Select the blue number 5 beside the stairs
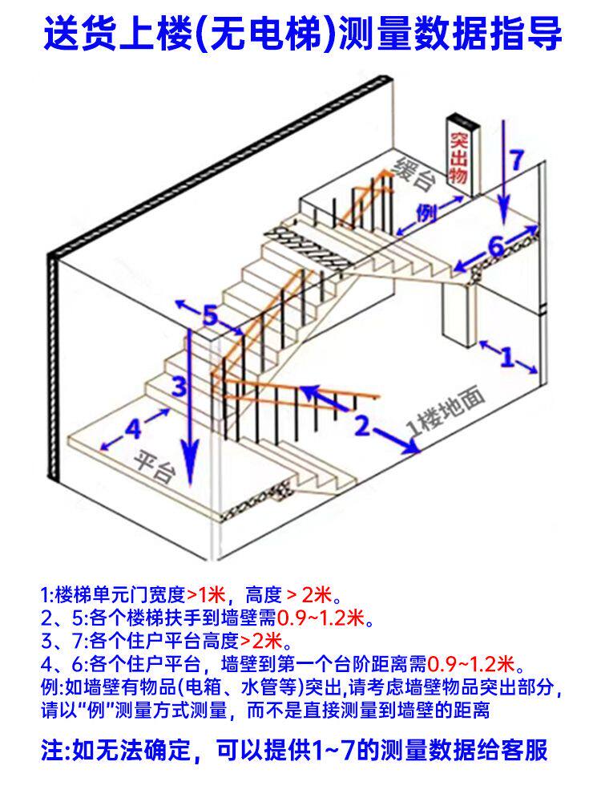210,316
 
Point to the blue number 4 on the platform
134,430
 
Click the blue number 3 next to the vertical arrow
180,387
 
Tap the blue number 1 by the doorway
506,357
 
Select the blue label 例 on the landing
428,213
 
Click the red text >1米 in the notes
206,596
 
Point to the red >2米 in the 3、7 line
260,642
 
